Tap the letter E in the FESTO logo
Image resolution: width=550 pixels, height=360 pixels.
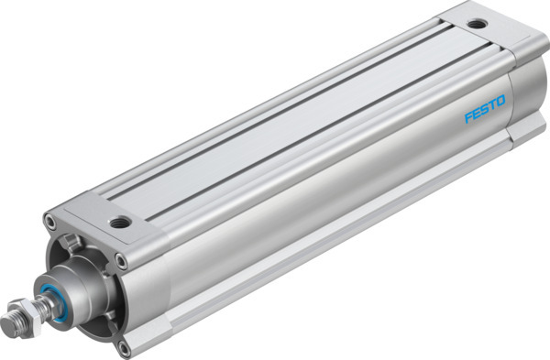tap(477, 116)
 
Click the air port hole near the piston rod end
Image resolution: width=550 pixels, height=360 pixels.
tap(119, 222)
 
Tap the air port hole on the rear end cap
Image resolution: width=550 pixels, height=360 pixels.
tap(475, 25)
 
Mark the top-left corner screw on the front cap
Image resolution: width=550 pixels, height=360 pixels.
tap(50, 221)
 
